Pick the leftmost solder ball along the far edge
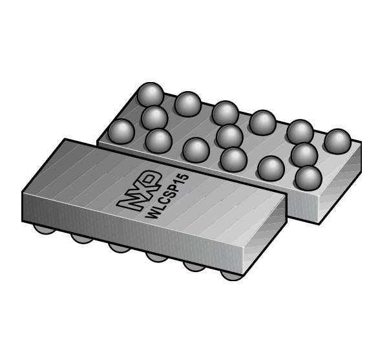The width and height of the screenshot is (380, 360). click(150, 95)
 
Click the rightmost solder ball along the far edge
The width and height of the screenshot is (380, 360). click(337, 142)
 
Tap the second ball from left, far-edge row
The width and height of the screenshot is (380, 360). click(188, 103)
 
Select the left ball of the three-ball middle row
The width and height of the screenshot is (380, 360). click(154, 118)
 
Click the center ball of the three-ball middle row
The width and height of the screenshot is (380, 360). click(229, 136)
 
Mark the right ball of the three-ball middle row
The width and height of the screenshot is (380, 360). click(303, 154)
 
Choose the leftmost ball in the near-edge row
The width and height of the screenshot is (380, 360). click(121, 132)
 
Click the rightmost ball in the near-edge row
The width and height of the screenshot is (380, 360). click(308, 178)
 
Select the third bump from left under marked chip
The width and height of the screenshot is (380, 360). click(119, 247)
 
